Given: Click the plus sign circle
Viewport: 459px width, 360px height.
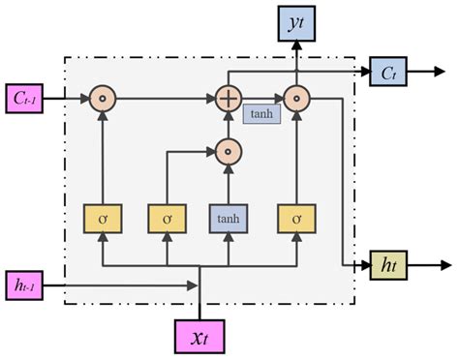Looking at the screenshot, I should tap(229, 98).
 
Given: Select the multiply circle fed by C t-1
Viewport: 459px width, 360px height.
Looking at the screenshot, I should tap(102, 98).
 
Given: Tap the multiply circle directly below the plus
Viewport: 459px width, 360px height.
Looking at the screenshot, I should tap(229, 150).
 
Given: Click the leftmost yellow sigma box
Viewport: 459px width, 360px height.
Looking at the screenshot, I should tap(102, 220).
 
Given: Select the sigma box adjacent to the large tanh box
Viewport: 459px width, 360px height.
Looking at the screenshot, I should tap(166, 220).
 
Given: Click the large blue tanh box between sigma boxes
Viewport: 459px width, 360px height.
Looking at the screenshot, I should tap(229, 220).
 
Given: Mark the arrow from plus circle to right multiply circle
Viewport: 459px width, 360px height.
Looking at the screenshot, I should tap(260, 98).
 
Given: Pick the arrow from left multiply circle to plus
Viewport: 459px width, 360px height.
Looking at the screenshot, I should tap(165, 98).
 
